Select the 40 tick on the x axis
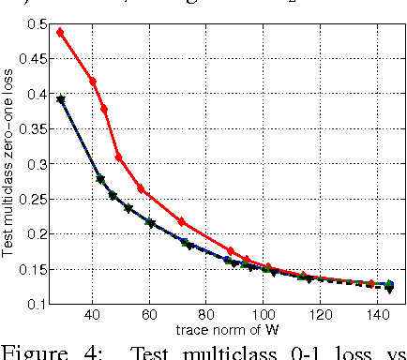(x=92, y=317)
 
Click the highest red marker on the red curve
(x=60, y=32)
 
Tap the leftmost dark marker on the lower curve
(x=60, y=99)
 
